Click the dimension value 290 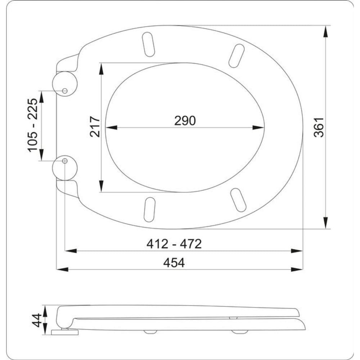point(185,121)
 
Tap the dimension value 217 point(95,127)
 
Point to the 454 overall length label point(174,263)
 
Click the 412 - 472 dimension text point(174,244)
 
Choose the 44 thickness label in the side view point(37,320)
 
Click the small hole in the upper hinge point(65,91)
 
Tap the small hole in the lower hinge point(65,161)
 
